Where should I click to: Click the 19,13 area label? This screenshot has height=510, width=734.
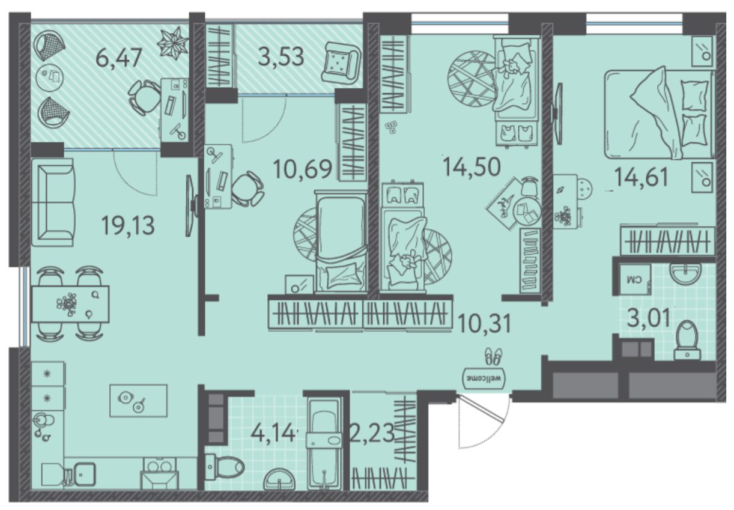point(128,226)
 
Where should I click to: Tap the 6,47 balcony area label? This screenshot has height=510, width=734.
point(118,58)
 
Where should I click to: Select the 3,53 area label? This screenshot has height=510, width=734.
point(281,56)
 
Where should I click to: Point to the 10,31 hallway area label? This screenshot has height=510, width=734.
point(485,323)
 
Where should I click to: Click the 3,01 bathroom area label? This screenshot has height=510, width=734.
point(649,317)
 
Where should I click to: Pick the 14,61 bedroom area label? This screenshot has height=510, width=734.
point(641,177)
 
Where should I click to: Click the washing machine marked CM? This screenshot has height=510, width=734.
point(635,279)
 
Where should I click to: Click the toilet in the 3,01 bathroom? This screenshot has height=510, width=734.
point(687,341)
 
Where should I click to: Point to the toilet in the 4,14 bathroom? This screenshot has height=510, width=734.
point(224,466)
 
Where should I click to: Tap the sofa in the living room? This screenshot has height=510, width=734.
point(53,202)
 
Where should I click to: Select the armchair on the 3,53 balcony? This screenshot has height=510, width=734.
point(341,63)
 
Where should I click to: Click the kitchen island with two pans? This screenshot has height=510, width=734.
point(138,401)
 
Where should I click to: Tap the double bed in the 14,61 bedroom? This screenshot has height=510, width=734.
point(660,114)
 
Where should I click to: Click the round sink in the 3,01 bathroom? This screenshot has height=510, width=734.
point(685,273)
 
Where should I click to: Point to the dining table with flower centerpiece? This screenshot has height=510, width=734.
point(70,304)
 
